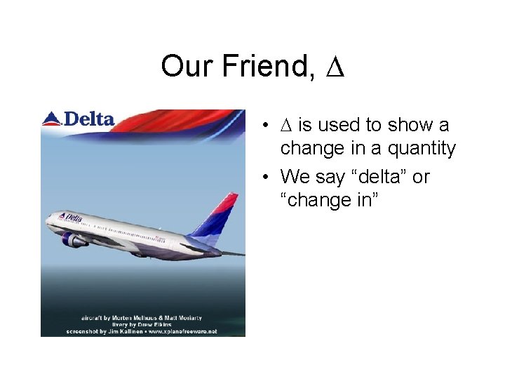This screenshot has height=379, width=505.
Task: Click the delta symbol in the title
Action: coord(335,67)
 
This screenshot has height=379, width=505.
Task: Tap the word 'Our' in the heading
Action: coord(188,67)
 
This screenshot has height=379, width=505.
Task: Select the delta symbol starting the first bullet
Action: coord(286,126)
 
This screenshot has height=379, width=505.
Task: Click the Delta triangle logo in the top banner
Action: coord(52,119)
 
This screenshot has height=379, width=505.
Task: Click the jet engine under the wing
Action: coord(74,240)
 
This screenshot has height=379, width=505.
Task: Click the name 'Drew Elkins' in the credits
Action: coord(156,324)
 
